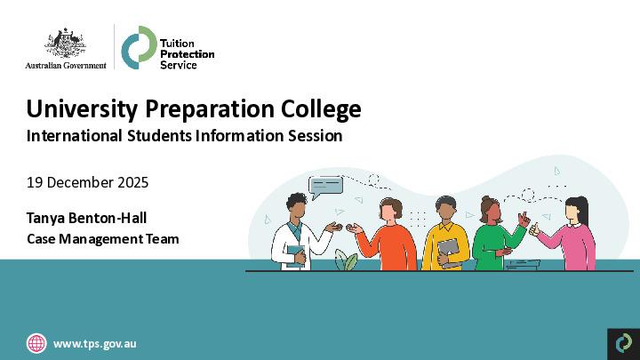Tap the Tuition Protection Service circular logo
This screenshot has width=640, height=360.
136,47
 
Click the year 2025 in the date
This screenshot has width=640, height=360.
131,183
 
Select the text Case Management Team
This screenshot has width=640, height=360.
102,238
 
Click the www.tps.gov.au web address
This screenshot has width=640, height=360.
95,343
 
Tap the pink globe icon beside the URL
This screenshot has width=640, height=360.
36,343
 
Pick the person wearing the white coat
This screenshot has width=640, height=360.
295,233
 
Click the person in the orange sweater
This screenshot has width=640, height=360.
388,238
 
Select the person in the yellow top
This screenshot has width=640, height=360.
444,238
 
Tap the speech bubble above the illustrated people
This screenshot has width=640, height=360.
325,187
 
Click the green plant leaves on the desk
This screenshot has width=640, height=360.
347,262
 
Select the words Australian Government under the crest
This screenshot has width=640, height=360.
66,65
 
